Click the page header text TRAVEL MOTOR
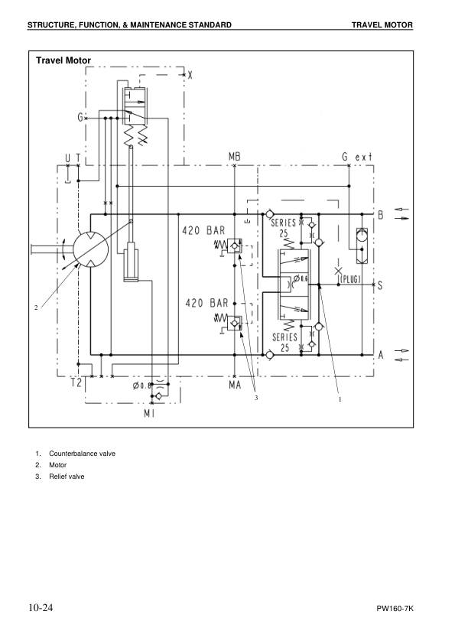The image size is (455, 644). (x=382, y=25)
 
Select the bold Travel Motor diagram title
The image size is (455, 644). (x=63, y=60)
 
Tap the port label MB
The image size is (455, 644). (x=235, y=157)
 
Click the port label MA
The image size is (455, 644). (x=235, y=385)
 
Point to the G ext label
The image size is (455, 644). (x=357, y=157)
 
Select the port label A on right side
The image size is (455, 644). (x=380, y=354)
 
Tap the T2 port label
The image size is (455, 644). (x=76, y=385)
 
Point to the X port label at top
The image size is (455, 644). (x=190, y=76)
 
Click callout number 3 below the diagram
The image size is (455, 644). (x=257, y=398)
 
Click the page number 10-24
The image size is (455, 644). (x=41, y=608)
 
